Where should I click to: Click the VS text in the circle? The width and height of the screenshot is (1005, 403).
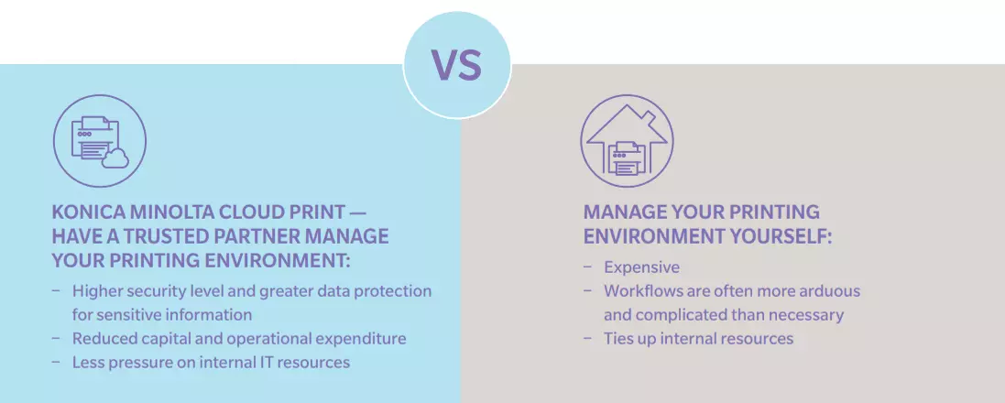click(456, 65)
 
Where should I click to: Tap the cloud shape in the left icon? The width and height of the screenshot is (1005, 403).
click(115, 158)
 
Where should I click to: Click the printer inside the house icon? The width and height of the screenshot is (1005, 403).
click(627, 158)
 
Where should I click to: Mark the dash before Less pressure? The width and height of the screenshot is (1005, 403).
click(57, 362)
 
